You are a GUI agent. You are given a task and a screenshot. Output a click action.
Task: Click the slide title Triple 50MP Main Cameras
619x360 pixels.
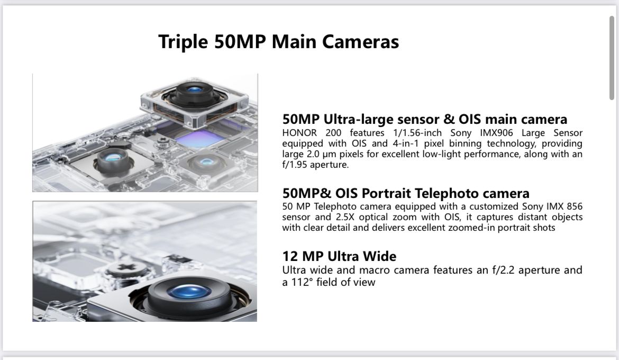[x=279, y=42]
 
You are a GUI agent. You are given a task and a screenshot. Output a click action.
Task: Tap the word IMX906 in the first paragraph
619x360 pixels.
[x=496, y=133]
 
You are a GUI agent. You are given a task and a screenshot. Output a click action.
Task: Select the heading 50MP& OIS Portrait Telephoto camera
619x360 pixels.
[x=406, y=193]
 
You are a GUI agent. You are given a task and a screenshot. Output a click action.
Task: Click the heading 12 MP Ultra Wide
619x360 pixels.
[x=339, y=256]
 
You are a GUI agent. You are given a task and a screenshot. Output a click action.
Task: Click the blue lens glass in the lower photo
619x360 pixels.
[x=189, y=292]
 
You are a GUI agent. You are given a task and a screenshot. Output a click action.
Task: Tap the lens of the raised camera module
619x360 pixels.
[x=194, y=89]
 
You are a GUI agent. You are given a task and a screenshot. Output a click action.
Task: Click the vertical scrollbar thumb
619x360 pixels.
[x=612, y=58]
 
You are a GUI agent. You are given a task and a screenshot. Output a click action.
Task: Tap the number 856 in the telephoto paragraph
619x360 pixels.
[x=575, y=206]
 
